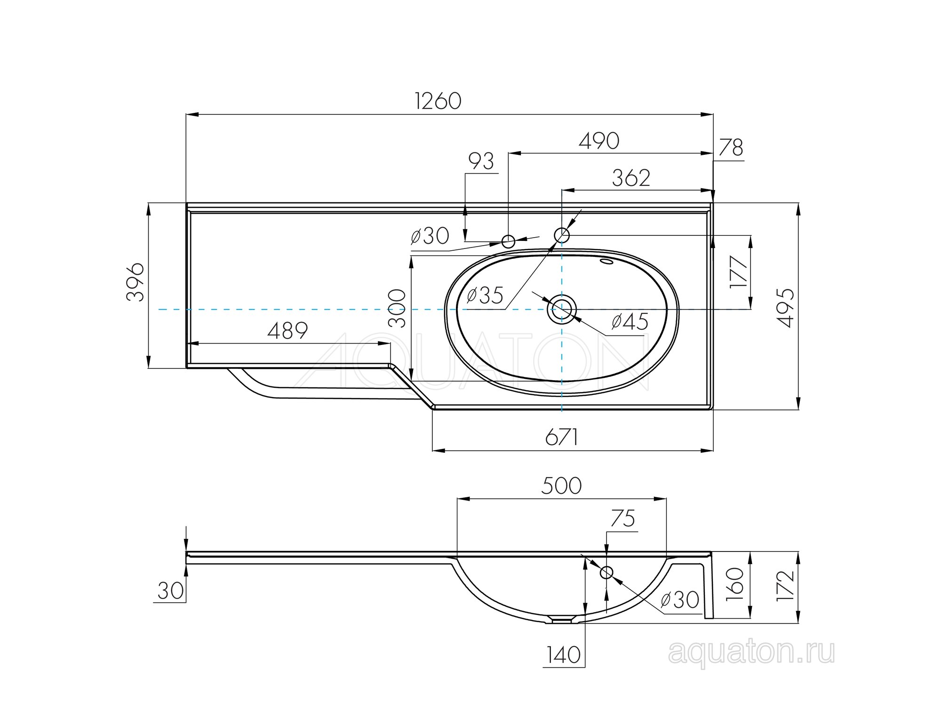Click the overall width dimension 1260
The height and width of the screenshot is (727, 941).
(x=438, y=101)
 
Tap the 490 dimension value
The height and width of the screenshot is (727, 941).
(x=599, y=141)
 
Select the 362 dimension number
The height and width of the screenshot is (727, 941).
(x=631, y=178)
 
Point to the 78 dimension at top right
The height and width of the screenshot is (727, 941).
(x=731, y=148)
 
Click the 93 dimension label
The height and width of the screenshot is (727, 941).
(x=481, y=161)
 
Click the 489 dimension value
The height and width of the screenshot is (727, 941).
(x=287, y=331)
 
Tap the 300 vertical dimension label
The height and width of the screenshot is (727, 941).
(x=398, y=308)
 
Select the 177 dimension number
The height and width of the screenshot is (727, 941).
(x=739, y=272)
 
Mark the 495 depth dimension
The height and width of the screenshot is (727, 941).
(x=785, y=308)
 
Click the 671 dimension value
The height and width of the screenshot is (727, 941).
(x=561, y=438)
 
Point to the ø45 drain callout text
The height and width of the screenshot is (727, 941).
(x=630, y=322)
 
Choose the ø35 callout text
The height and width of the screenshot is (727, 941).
(x=485, y=296)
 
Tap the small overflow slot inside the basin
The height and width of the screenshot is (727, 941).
(x=607, y=262)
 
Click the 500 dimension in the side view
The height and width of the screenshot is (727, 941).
(x=561, y=486)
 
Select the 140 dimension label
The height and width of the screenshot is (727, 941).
(x=564, y=655)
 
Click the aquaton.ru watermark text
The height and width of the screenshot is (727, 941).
(x=751, y=653)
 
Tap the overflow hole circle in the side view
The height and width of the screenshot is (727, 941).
(x=606, y=572)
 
